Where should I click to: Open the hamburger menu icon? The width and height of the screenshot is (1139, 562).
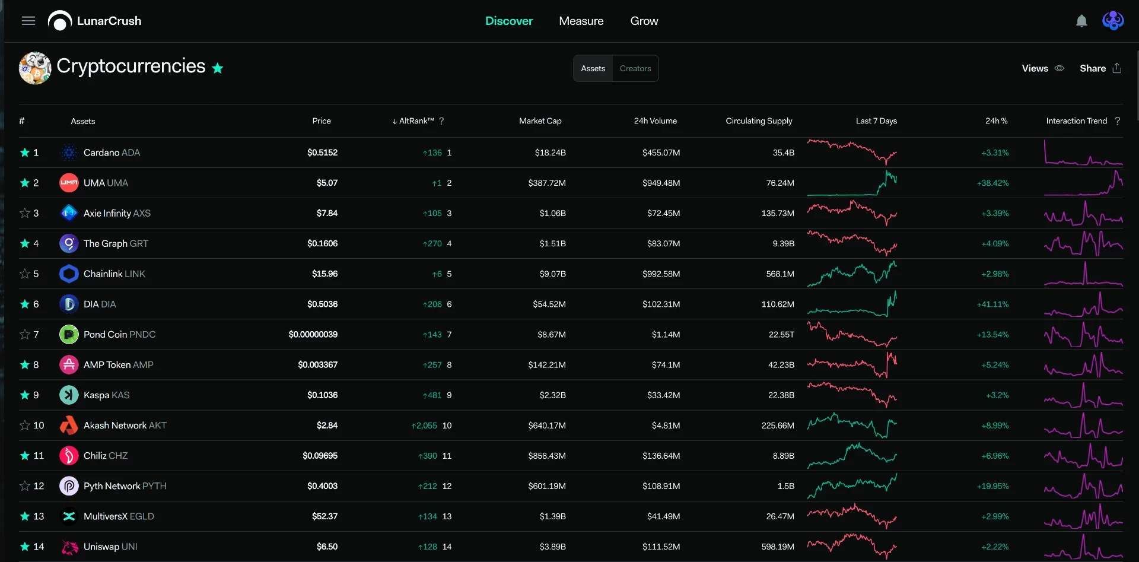(x=28, y=21)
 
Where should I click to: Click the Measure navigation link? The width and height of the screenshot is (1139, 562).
(x=581, y=21)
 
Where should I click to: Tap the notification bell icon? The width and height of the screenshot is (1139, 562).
(x=1081, y=21)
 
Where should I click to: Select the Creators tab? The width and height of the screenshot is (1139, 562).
(x=635, y=68)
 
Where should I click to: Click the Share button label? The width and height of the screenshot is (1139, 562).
(x=1093, y=68)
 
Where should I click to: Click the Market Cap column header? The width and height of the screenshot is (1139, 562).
(x=540, y=120)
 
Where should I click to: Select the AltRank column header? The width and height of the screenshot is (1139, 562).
(x=417, y=120)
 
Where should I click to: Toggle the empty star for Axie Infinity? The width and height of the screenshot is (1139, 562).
(x=25, y=213)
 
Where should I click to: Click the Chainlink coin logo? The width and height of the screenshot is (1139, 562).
(x=69, y=274)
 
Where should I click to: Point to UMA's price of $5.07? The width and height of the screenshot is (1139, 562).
(x=327, y=183)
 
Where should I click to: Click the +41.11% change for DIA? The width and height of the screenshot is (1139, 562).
(x=993, y=304)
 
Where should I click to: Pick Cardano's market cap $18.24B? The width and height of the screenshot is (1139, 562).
(x=551, y=153)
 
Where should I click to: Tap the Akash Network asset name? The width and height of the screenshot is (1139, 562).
(x=125, y=425)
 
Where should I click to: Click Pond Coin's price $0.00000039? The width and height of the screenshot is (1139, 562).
(x=313, y=334)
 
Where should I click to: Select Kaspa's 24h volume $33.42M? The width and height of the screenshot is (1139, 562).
(x=663, y=395)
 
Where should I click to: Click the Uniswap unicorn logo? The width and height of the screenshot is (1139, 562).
(x=69, y=547)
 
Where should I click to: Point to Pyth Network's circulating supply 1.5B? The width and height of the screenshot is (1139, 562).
(x=786, y=485)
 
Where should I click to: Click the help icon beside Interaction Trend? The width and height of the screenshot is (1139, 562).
(x=1118, y=120)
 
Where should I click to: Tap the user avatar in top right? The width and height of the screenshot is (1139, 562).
(x=1113, y=21)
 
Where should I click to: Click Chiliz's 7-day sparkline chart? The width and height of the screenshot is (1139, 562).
(x=852, y=456)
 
